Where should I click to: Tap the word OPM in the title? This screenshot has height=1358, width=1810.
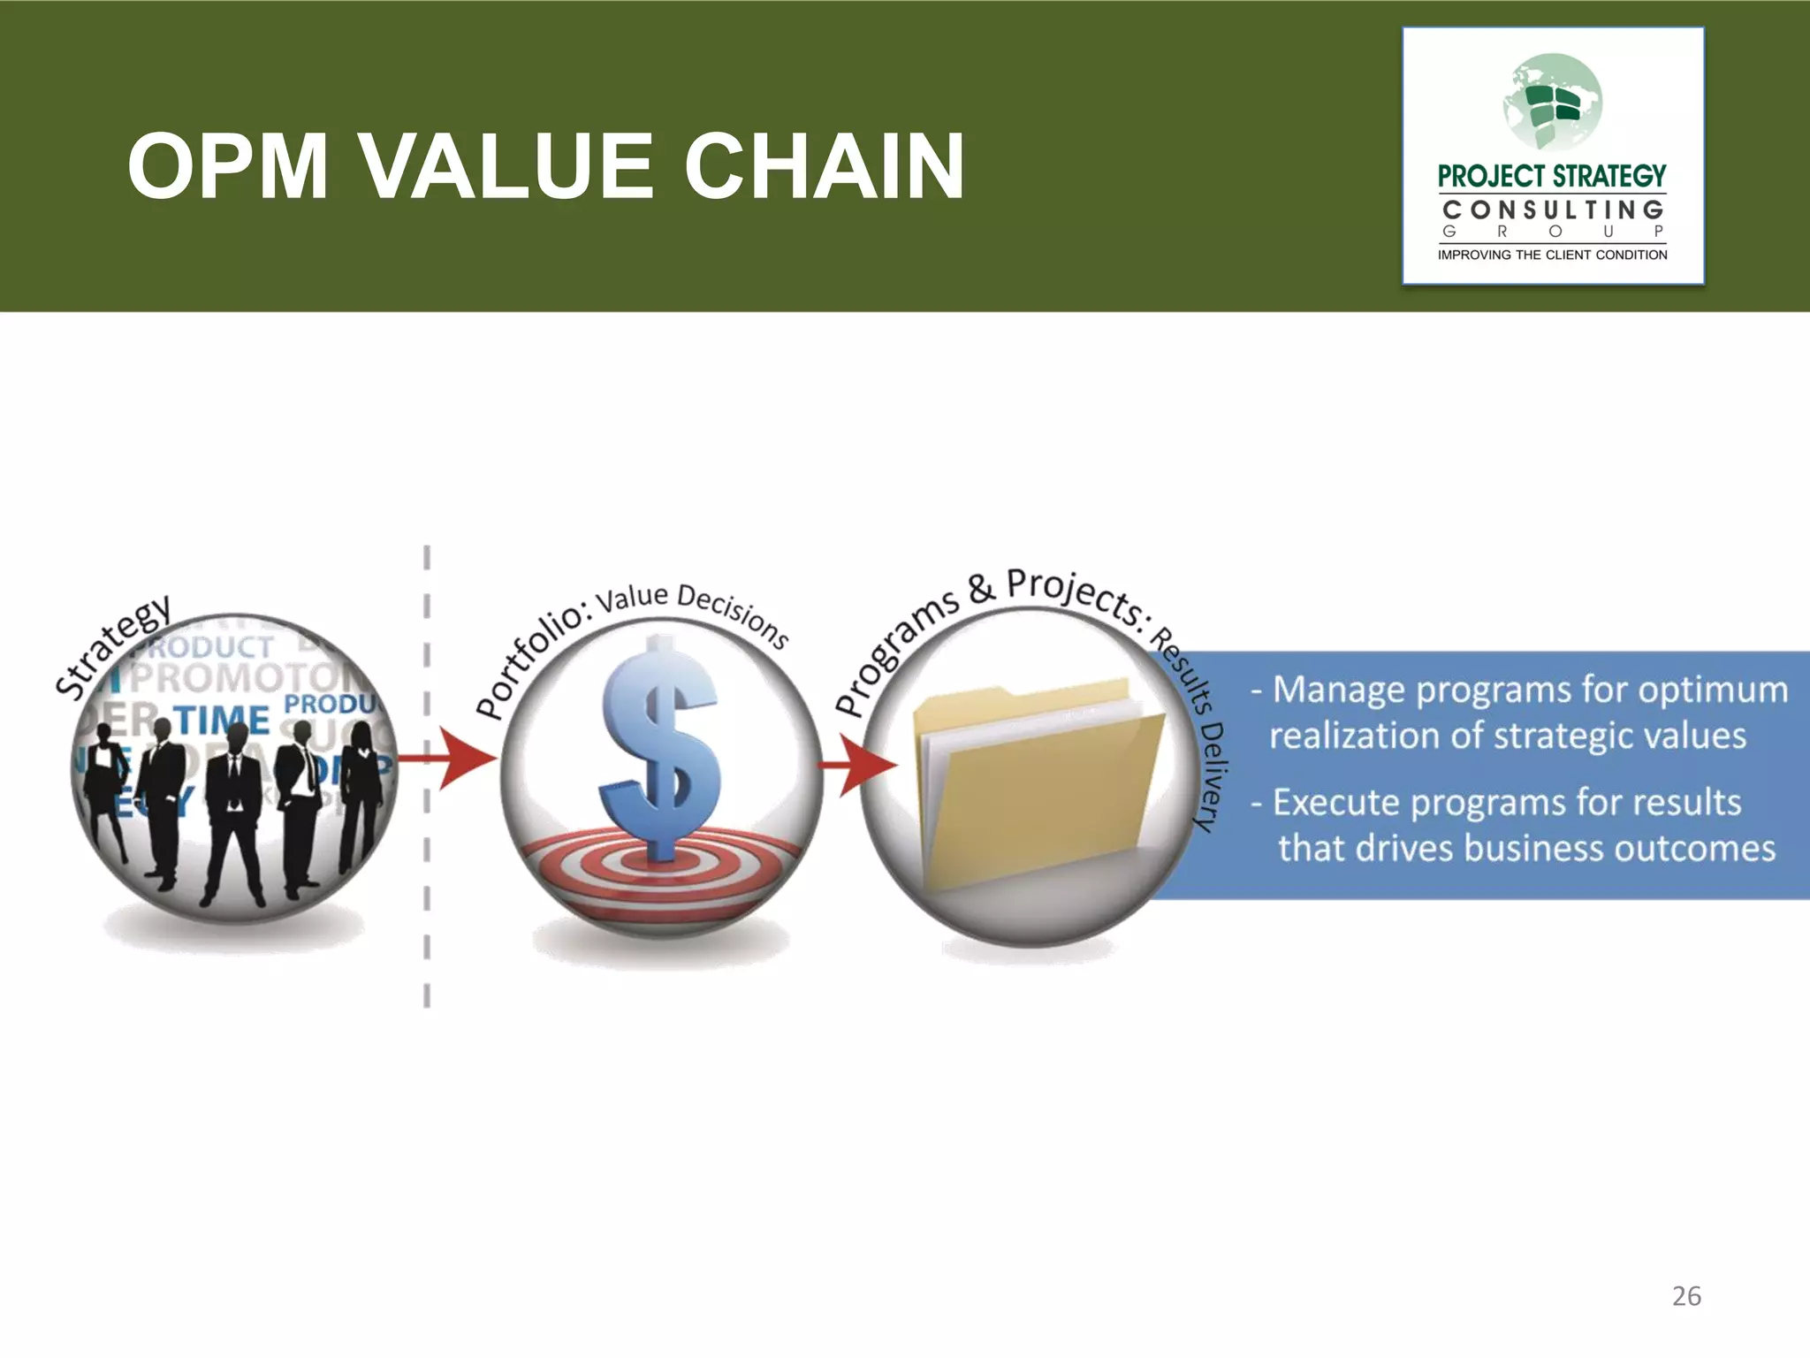(228, 166)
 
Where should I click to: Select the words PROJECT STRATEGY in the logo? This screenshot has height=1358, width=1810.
(1552, 176)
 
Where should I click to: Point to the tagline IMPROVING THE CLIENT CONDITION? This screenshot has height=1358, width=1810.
(1552, 255)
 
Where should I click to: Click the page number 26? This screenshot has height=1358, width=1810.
(1686, 1296)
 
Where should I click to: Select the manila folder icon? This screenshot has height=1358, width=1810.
(1038, 778)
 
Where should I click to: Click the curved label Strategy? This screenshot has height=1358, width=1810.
(112, 645)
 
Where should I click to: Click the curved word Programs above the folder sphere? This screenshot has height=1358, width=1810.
(896, 650)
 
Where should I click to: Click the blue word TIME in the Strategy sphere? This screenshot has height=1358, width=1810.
(221, 721)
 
